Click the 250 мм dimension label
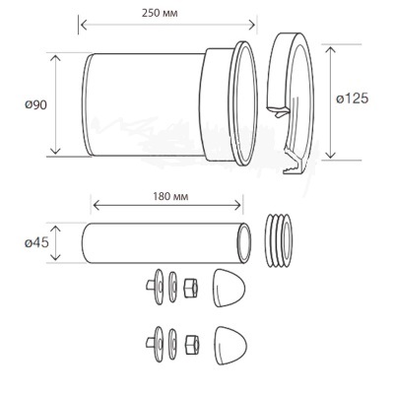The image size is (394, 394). pos(160,13)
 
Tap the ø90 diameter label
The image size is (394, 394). pos(35,105)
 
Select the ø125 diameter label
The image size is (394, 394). pos(352,98)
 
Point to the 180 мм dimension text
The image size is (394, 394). pos(170,196)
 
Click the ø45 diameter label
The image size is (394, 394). pos(36,243)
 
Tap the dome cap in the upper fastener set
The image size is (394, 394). pos(229,288)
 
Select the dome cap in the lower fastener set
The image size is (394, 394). pos(230,345)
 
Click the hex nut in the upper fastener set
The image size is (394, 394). pos(191,288)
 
